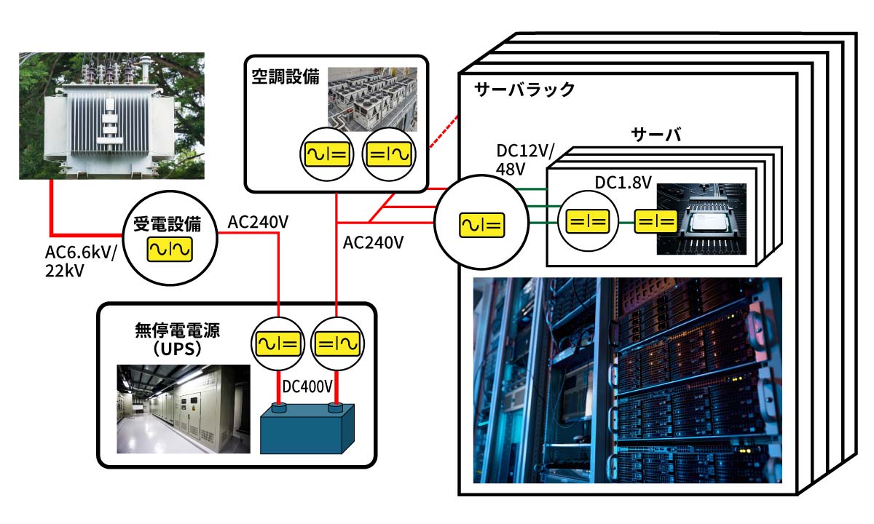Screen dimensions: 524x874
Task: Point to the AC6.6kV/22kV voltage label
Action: pos(78,261)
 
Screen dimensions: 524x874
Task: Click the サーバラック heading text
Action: pos(524,90)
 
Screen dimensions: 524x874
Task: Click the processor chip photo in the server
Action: pos(702,218)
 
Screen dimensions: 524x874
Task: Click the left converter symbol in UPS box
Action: pos(277,341)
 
